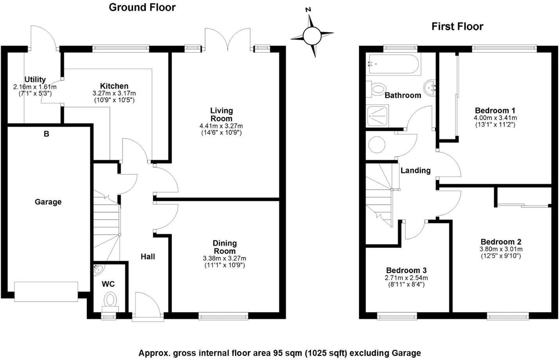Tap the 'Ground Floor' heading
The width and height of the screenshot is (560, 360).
(x=142, y=7)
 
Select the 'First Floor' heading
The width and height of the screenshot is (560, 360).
(x=457, y=27)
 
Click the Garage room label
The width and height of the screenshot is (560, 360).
(x=48, y=202)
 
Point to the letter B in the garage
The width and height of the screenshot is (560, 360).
(x=47, y=134)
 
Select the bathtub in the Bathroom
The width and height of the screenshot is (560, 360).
(x=393, y=65)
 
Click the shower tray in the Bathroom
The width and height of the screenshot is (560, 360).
(x=378, y=116)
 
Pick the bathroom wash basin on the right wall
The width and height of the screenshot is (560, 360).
(x=430, y=86)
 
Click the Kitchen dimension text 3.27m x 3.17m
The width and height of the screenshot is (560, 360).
(x=114, y=94)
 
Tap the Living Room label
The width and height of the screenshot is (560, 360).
(x=221, y=115)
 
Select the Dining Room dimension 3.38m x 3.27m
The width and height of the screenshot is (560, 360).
(x=224, y=259)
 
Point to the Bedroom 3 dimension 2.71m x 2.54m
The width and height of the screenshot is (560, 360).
(x=406, y=278)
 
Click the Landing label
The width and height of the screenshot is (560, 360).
(x=415, y=170)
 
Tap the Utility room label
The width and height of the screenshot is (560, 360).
(x=35, y=79)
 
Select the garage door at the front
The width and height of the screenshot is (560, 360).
(x=46, y=292)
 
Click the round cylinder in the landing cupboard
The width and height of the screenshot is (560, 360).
(x=377, y=145)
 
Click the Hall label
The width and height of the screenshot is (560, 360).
(x=148, y=257)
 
